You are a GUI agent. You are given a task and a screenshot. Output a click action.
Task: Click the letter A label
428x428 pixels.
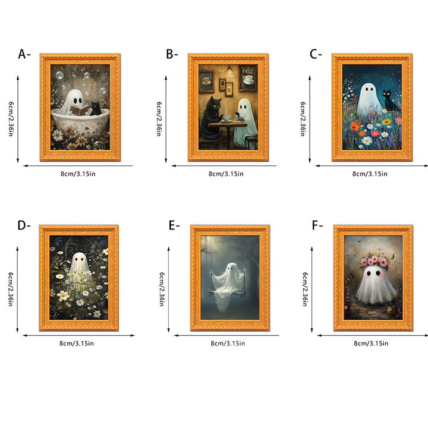pyautogui.click(x=22, y=54)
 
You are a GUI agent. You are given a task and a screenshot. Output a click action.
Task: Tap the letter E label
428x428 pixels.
pyautogui.click(x=172, y=225)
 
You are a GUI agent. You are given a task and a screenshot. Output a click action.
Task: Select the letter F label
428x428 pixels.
pyautogui.click(x=315, y=225)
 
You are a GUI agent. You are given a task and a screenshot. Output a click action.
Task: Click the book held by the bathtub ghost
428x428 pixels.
pyautogui.click(x=80, y=109)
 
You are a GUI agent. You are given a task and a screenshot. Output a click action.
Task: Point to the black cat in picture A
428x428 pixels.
pyautogui.click(x=96, y=108)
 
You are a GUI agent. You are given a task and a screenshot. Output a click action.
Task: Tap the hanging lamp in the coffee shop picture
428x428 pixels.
pyautogui.click(x=229, y=71)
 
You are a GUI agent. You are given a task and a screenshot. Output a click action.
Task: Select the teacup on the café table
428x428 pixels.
pyautogui.click(x=226, y=118)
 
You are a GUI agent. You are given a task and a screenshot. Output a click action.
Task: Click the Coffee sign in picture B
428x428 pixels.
pyautogui.click(x=248, y=70)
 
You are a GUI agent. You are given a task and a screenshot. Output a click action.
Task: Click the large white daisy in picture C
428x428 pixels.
pyautogui.click(x=367, y=140)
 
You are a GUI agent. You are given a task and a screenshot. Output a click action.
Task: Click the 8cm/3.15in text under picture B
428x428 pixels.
pyautogui.click(x=226, y=174)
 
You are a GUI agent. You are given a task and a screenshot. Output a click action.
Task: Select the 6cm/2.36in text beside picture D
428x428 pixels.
pyautogui.click(x=10, y=289)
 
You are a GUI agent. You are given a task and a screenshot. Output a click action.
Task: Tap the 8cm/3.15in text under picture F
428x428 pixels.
pyautogui.click(x=371, y=344)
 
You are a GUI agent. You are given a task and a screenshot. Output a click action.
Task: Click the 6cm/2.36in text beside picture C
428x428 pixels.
pyautogui.click(x=303, y=119)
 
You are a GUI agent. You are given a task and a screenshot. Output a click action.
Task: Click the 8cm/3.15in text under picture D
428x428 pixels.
pyautogui.click(x=77, y=344)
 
